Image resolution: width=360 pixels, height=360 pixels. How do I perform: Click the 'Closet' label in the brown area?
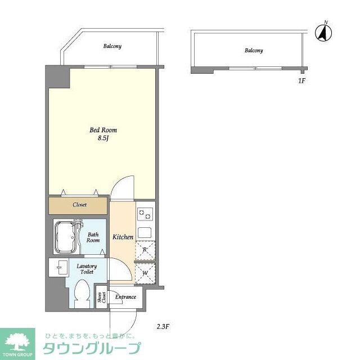tap(79, 205)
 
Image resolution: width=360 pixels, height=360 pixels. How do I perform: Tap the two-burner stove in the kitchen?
tap(145, 214)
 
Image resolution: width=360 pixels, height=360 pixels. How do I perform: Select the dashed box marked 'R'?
tap(145, 249)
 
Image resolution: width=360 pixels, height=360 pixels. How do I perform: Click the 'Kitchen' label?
tap(123, 237)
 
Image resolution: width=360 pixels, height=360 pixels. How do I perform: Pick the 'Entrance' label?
tap(125, 296)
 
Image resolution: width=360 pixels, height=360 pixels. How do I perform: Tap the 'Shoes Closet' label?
tap(102, 297)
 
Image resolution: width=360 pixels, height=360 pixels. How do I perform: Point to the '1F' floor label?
tap(301, 80)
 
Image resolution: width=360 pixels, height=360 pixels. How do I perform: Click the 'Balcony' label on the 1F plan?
tap(253, 51)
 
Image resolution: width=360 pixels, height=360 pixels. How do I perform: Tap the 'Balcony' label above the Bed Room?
tap(112, 46)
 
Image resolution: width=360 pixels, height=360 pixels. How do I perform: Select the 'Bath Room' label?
tap(93, 237)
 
